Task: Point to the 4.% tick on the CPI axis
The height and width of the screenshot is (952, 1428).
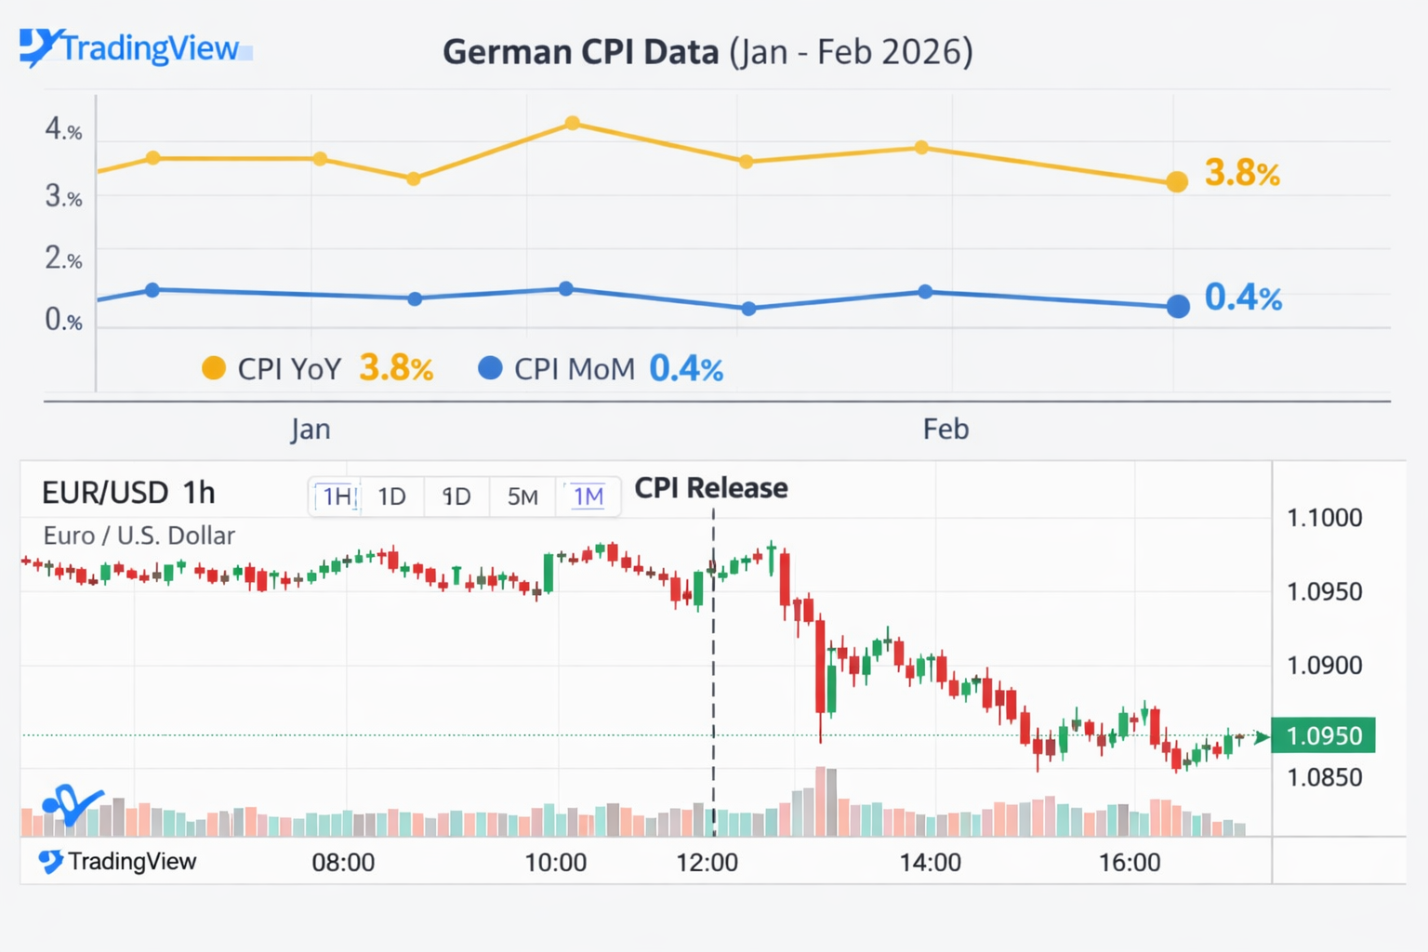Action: [x=63, y=129]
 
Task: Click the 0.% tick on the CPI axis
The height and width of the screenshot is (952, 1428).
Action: [x=63, y=321]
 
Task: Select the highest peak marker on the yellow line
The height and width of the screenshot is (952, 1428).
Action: [x=573, y=124]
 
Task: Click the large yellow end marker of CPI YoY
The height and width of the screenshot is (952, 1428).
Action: [x=1177, y=181]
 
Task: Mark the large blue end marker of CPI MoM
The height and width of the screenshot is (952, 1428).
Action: [x=1178, y=306]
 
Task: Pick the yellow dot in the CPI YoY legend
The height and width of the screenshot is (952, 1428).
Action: [x=214, y=368]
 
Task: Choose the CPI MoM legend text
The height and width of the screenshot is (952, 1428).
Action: [x=574, y=369]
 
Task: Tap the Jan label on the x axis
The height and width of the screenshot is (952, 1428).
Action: [x=311, y=430]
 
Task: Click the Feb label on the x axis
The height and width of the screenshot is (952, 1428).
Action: [x=945, y=430]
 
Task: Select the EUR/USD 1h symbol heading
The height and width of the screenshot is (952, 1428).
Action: [x=128, y=493]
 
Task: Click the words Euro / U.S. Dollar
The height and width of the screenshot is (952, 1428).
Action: [x=139, y=535]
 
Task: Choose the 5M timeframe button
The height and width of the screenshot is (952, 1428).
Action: [x=522, y=497]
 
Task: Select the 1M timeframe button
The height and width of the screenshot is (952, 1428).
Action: [x=588, y=497]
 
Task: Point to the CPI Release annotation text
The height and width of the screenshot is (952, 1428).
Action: [x=711, y=488]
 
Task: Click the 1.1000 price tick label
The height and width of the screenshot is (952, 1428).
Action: [x=1324, y=518]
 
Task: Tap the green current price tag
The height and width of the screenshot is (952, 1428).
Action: [x=1323, y=735]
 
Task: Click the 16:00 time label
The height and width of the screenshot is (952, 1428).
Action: [x=1130, y=863]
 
